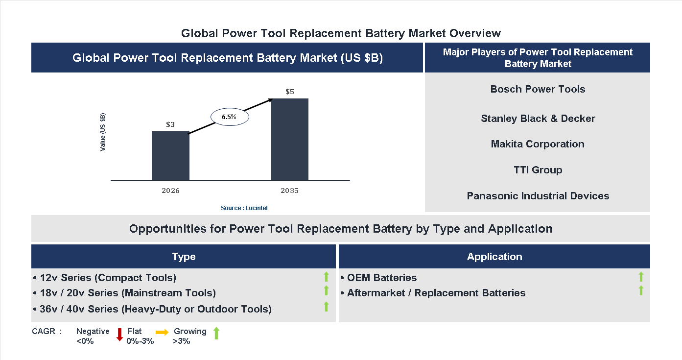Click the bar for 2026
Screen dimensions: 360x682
tap(170, 156)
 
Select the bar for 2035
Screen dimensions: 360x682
tap(290, 139)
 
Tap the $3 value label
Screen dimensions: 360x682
tap(170, 124)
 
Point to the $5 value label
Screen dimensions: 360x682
tap(290, 92)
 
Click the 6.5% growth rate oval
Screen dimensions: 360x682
tap(230, 117)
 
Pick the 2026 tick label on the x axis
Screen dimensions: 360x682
tap(170, 191)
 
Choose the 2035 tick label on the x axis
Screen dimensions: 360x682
tap(290, 191)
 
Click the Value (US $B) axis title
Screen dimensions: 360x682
tap(103, 132)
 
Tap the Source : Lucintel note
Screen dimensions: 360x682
tap(244, 208)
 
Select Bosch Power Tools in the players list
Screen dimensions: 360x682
tap(538, 89)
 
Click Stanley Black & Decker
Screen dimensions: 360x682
tap(538, 119)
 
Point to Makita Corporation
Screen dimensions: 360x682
tap(538, 144)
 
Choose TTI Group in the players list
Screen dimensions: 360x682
tap(538, 170)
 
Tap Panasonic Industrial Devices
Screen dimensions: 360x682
tap(538, 196)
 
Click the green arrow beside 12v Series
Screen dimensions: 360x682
tap(326, 277)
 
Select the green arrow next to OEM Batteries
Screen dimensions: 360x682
tap(641, 277)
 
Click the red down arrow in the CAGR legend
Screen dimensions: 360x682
tap(119, 335)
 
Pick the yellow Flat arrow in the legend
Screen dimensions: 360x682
tap(162, 332)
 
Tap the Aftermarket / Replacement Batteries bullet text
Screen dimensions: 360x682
tap(436, 293)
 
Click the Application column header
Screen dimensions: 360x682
tap(494, 257)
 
